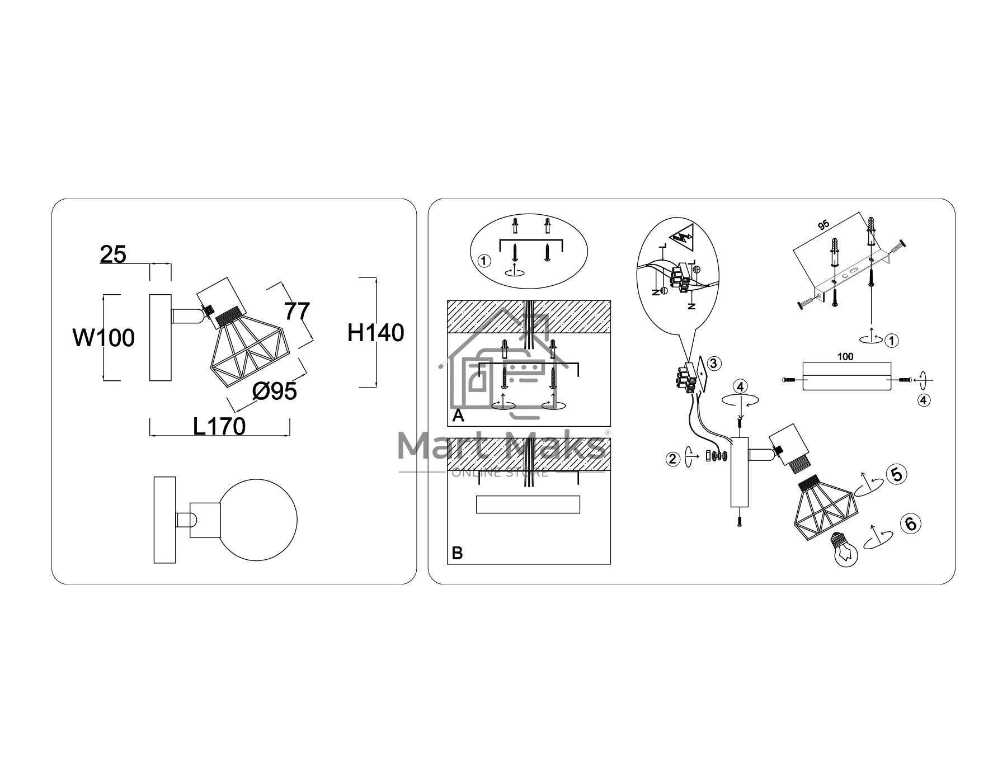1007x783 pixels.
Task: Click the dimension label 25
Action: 113,254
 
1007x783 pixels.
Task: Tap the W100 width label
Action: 104,338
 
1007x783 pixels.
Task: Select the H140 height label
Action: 375,333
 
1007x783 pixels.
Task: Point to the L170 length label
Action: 219,427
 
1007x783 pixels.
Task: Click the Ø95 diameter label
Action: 274,391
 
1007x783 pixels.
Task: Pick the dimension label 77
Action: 297,311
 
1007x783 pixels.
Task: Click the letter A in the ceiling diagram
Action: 458,416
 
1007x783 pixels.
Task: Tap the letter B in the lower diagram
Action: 457,554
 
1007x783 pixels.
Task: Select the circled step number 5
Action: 896,474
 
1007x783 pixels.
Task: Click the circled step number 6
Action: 910,523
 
